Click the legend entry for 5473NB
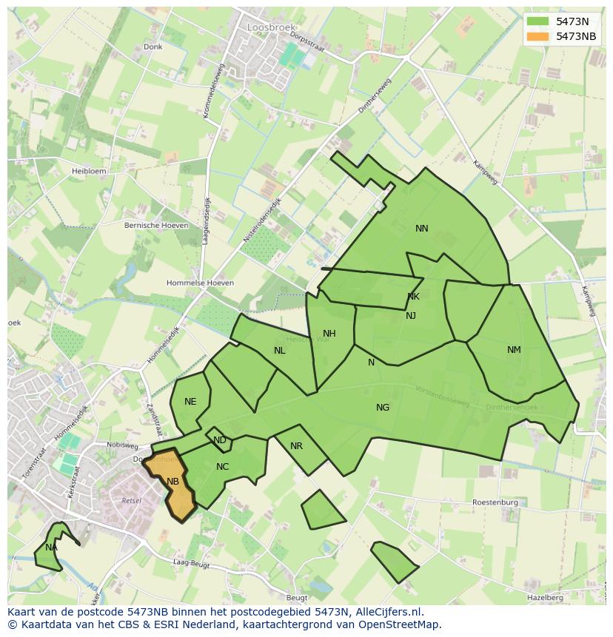point(576,36)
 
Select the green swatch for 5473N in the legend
point(538,21)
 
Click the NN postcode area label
point(422,229)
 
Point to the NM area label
point(514,350)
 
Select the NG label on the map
point(383,407)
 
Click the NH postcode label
point(329,334)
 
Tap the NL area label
point(279,351)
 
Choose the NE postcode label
point(190,402)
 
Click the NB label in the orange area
point(172,482)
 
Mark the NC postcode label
point(223,467)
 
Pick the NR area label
point(296,446)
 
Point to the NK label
point(413,297)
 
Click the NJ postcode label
point(411,316)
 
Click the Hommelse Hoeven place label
point(200,283)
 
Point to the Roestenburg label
point(495,502)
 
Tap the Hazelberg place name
point(545,597)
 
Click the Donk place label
point(153,47)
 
